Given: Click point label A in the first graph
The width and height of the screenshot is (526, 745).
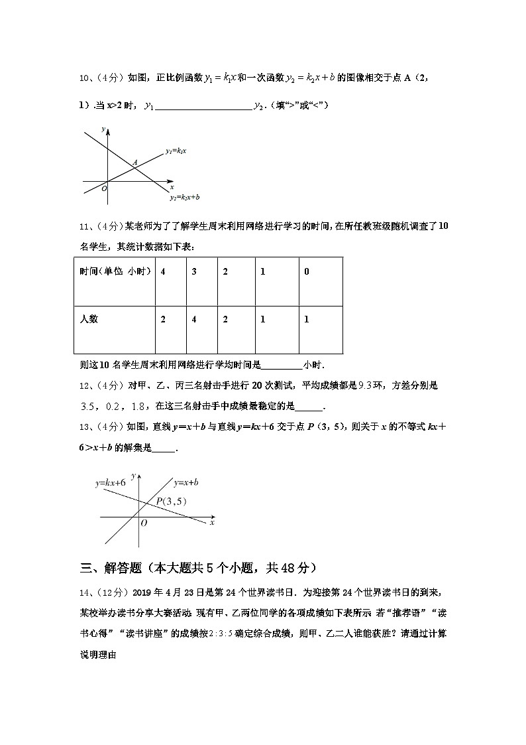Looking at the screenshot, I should point(134,162).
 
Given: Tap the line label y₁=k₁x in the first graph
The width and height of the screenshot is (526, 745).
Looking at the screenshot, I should point(176,151).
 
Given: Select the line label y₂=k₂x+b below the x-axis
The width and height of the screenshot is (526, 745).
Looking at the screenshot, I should point(184,197).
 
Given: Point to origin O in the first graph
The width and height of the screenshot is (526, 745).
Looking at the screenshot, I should point(104,188).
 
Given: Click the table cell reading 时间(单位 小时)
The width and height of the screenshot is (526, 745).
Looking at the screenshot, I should point(115,271).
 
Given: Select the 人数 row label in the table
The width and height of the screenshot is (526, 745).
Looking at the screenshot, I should point(89,319).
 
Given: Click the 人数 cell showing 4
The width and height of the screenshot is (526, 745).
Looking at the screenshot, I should point(194,319).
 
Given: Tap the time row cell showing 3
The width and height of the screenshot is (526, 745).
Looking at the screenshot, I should point(194,271).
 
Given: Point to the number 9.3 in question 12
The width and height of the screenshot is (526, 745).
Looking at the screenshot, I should point(368,385).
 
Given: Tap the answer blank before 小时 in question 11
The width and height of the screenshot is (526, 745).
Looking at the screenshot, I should point(282,365).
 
